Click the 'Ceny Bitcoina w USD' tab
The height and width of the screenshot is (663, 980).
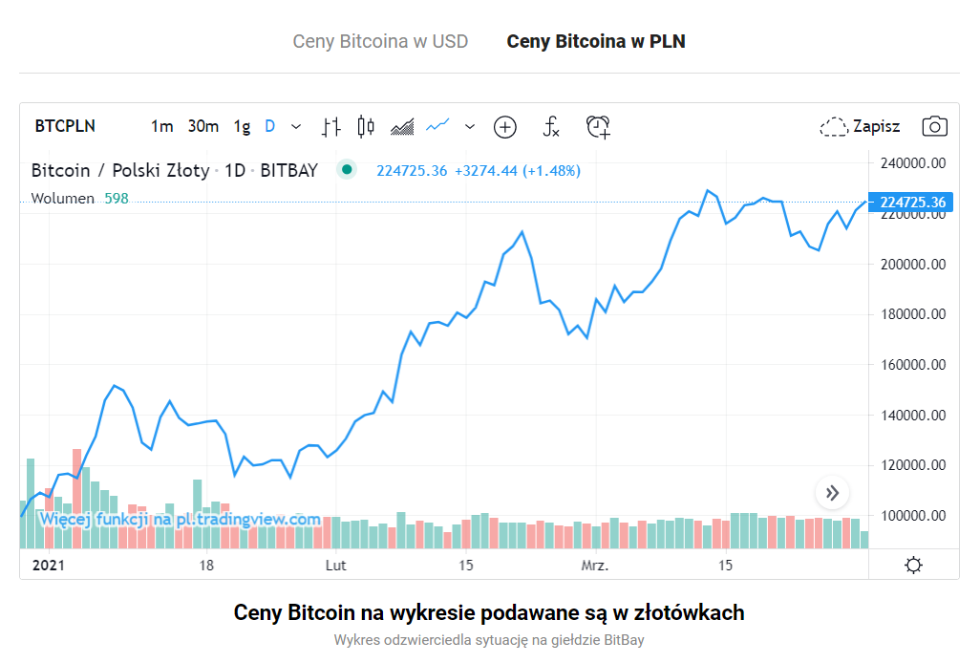pos(380,41)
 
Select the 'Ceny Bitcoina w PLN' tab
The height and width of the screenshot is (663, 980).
pos(595,41)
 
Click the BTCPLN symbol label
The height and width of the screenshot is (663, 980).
pos(65,126)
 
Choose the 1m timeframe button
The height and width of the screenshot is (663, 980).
pos(162,126)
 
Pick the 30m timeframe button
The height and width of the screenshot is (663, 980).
pos(202,126)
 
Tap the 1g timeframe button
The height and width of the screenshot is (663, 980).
pos(242,126)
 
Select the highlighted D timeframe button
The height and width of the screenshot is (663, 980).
pos(270,126)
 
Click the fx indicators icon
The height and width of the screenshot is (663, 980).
pos(551,126)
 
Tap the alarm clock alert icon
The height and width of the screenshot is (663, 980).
pos(598,126)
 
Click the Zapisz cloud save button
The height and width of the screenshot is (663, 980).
pos(860,126)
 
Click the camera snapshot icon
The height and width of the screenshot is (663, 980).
pos(934,126)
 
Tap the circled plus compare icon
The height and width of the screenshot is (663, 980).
pos(504,126)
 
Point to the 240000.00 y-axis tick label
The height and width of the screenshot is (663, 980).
pos(912,163)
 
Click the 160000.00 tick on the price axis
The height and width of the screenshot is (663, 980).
pos(912,365)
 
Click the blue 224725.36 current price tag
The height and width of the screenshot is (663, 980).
pos(912,203)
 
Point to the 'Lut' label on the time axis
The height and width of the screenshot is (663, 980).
pos(335,566)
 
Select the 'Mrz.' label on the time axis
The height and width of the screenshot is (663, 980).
pos(595,566)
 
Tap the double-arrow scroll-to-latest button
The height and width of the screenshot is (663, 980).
pos(832,493)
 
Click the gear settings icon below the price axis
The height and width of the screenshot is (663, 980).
pos(913,566)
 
